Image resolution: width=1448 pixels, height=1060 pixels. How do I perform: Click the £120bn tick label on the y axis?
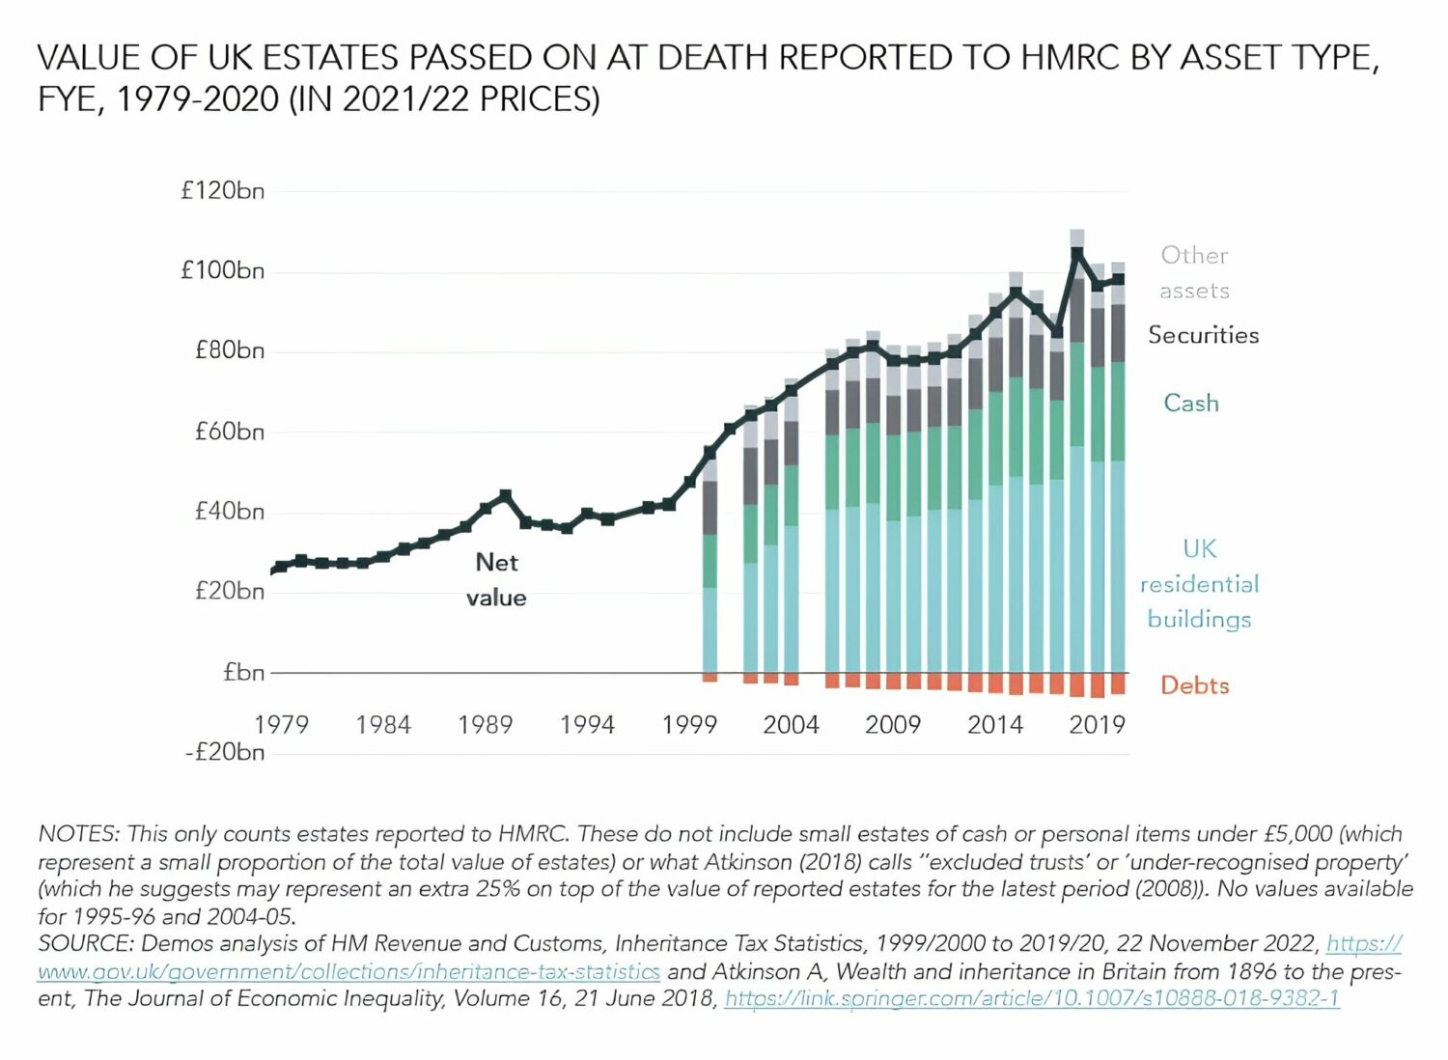click(x=222, y=190)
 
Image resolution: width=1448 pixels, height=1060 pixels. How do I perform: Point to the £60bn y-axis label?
click(x=229, y=431)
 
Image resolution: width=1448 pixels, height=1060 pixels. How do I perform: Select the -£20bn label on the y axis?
click(x=224, y=751)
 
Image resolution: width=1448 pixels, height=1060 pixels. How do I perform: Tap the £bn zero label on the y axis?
click(x=243, y=672)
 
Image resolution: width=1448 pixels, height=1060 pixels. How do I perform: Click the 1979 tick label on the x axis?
click(x=281, y=724)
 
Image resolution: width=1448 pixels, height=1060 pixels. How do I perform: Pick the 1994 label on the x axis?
click(x=587, y=724)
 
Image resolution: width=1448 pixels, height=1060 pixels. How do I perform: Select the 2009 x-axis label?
click(x=892, y=724)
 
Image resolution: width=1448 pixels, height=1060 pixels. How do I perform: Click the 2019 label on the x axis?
click(x=1097, y=724)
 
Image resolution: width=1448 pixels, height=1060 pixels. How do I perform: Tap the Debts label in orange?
click(x=1194, y=685)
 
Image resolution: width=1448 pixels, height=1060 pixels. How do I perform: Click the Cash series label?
click(x=1190, y=403)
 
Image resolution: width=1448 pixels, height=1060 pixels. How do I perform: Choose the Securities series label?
click(x=1203, y=335)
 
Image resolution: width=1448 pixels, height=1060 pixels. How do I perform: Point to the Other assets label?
click(x=1194, y=272)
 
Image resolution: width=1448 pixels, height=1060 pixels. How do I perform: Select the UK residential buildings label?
click(x=1199, y=583)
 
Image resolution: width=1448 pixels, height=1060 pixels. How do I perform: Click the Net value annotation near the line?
click(x=496, y=579)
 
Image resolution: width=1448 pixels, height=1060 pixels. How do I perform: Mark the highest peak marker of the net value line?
click(x=1076, y=253)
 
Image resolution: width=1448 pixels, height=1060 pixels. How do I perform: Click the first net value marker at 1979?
click(x=279, y=568)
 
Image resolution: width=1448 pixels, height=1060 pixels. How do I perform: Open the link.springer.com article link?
click(x=1031, y=998)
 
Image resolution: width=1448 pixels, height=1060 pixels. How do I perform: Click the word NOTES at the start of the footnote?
click(x=78, y=833)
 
